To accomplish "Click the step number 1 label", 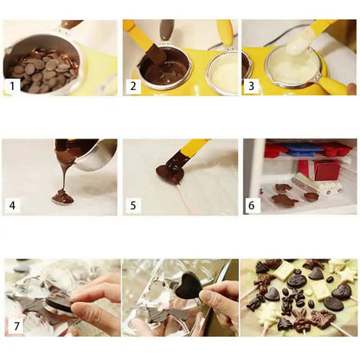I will [12, 86].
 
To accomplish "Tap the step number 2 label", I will [132, 86].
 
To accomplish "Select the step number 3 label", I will [251, 86].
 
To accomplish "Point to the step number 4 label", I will [12, 206].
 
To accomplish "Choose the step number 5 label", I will [132, 206].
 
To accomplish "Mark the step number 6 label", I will [252, 206].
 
